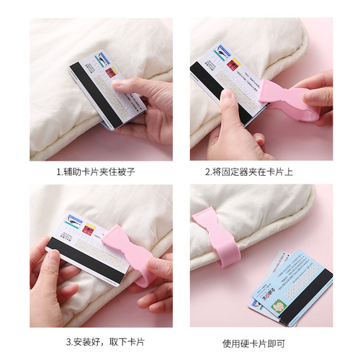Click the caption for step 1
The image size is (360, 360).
pyautogui.click(x=100, y=172)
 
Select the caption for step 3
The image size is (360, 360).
pyautogui.click(x=100, y=341)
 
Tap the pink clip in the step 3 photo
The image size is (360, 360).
pyautogui.click(x=131, y=248)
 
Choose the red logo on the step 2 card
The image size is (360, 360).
pyautogui.click(x=232, y=64)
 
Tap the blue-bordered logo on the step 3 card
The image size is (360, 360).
pyautogui.click(x=74, y=220)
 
